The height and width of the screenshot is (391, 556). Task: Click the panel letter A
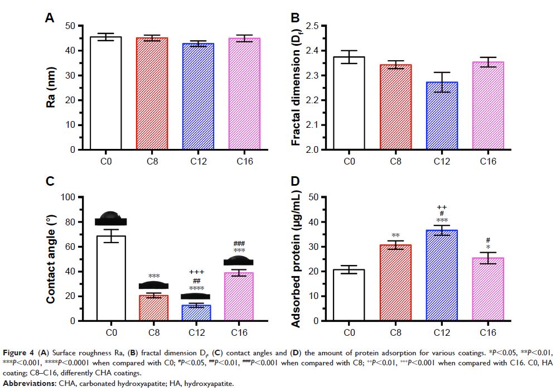(50, 18)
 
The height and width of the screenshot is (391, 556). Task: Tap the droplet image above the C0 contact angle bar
(110, 218)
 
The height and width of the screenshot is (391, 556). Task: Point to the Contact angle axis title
(52, 258)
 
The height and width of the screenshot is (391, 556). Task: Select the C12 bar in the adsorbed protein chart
(442, 275)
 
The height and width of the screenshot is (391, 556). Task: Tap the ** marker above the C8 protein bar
(396, 236)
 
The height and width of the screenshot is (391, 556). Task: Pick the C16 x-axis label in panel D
(488, 333)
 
